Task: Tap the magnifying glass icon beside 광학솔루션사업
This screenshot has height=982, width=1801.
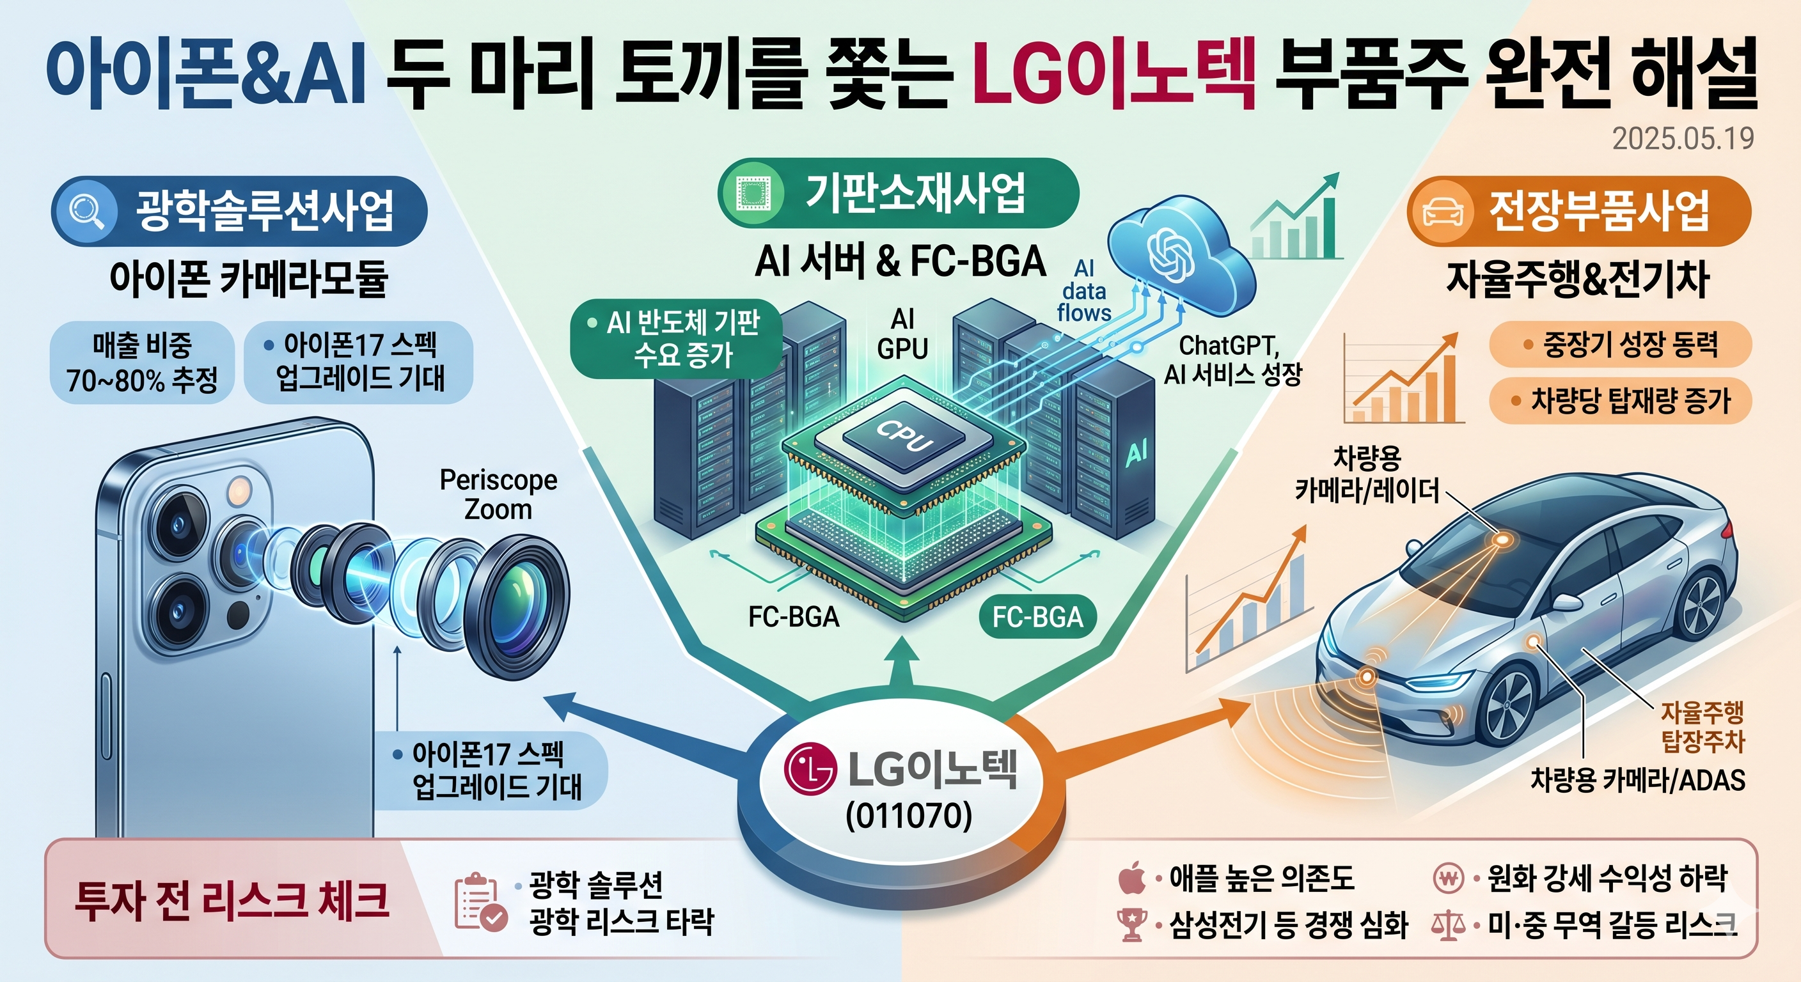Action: (x=88, y=210)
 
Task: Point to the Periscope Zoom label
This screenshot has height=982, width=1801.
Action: (x=498, y=494)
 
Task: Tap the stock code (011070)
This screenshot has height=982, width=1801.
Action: (x=909, y=815)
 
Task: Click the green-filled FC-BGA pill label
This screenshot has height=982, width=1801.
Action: (x=1037, y=616)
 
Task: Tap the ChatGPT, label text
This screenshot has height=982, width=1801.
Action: (x=1229, y=345)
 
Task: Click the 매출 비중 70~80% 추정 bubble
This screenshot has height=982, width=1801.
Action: (x=142, y=362)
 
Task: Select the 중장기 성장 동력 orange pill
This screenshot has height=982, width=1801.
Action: (x=1621, y=344)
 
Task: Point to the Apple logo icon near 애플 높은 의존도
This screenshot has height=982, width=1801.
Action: (x=1132, y=878)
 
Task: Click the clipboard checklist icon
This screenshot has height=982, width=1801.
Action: (x=480, y=901)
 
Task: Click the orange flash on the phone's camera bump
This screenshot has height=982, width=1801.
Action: (x=239, y=490)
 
